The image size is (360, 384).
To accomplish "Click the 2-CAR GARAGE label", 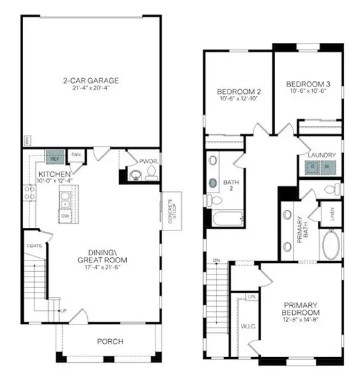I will point(91,81).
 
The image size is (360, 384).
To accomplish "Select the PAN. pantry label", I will point(76,155).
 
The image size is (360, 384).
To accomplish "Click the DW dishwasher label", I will point(65,216).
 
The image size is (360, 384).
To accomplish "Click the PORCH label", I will point(110,341).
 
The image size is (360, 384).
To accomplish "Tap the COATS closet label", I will point(34,246).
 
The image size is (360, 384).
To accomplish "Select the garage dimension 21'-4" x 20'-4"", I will point(91,89).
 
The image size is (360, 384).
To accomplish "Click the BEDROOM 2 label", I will point(239,91).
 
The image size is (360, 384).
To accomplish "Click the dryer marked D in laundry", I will point(312,166).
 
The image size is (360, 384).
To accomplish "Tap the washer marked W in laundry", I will point(327,166).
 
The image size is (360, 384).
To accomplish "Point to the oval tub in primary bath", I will point(331,244).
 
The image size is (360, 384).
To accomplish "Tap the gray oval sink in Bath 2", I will point(213,182).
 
